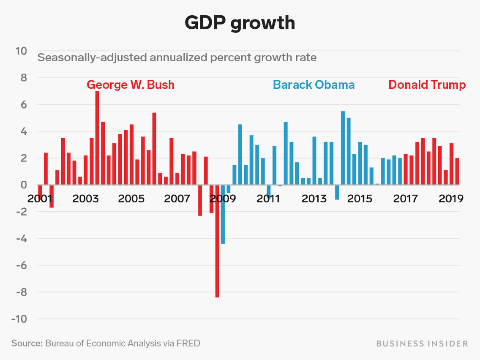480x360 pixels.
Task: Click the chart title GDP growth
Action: point(240,23)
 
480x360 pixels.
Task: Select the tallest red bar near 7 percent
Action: point(97,138)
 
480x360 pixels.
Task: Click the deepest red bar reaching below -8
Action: point(217,241)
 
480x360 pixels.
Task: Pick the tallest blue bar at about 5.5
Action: point(343,148)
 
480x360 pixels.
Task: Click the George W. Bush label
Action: point(131,85)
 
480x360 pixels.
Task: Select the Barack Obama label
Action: point(314,85)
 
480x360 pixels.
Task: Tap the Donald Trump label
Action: point(427,85)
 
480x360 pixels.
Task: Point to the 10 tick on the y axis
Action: point(21,51)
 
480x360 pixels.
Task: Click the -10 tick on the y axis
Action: point(19,319)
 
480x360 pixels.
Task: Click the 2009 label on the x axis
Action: point(223,198)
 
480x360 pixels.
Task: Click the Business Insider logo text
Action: point(422,344)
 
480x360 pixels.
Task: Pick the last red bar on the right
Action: point(457,171)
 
